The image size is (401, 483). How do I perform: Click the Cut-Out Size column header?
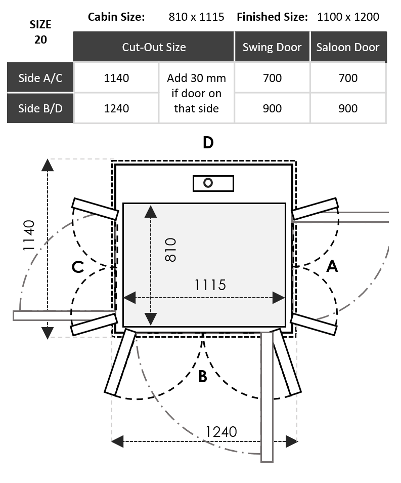coord(154,47)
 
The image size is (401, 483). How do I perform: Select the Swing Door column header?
coord(272,47)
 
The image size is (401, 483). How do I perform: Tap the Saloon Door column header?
coord(348,47)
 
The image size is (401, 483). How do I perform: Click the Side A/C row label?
coord(40,78)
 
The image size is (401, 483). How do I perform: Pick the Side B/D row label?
coord(40,108)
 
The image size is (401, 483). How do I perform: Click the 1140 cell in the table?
coord(116,78)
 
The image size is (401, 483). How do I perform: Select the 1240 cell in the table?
coord(116,108)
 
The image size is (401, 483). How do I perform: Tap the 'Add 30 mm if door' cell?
coord(196,93)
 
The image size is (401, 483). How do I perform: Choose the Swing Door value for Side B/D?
coord(272,108)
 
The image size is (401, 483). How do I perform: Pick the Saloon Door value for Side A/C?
coord(348,78)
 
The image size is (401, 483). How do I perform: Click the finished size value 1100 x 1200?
coord(348,17)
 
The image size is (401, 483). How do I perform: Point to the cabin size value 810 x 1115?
coord(196,17)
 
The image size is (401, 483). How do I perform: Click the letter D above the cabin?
coord(208,143)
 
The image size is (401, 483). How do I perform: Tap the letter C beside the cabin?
coord(77,266)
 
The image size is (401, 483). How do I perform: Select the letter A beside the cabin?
coord(332,266)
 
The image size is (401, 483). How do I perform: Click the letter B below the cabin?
coord(202,377)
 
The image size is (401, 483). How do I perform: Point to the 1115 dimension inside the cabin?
coord(210,285)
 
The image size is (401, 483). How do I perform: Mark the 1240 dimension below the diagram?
coord(221,431)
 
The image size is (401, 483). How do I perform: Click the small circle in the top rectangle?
coord(208,183)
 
